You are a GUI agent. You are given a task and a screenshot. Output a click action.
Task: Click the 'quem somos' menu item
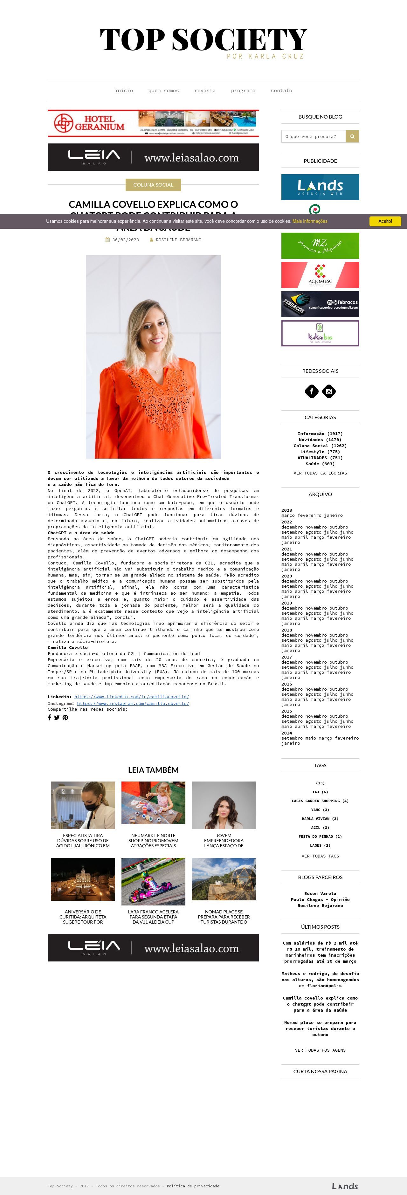(x=163, y=91)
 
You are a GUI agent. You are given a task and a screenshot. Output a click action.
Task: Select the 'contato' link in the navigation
(x=281, y=91)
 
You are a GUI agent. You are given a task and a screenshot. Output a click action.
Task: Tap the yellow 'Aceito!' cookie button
(x=385, y=221)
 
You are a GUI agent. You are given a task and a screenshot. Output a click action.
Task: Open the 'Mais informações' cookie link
(x=310, y=221)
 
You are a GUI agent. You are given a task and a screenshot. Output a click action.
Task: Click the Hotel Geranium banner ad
(x=153, y=123)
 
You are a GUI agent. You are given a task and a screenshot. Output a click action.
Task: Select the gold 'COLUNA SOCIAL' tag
(x=153, y=185)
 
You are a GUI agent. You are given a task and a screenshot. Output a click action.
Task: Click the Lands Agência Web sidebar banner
(x=320, y=187)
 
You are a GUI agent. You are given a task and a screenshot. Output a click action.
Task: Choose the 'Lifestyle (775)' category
(x=320, y=451)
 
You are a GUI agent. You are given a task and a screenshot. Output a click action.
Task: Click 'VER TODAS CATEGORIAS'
(x=320, y=473)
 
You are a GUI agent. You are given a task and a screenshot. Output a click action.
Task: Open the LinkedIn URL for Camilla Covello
(x=131, y=697)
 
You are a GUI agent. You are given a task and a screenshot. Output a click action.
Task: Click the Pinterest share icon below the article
(x=65, y=718)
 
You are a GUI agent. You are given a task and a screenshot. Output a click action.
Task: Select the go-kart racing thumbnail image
(x=153, y=881)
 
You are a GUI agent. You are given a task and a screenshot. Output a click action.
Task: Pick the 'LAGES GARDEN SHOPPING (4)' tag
(x=320, y=801)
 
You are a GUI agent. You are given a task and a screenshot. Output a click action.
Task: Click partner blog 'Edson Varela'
(x=320, y=893)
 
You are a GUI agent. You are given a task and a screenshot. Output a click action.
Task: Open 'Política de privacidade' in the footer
(x=193, y=1186)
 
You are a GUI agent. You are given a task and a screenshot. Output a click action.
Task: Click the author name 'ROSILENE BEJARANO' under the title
(x=178, y=240)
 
